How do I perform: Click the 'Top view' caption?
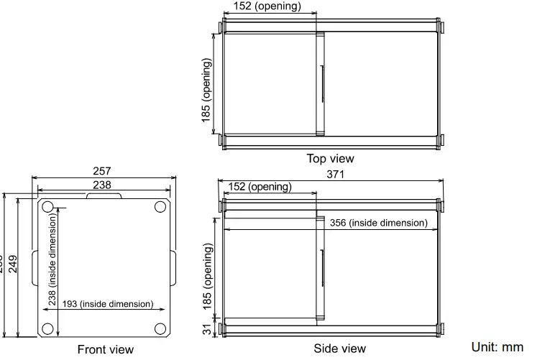click(330, 158)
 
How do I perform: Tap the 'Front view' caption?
click(106, 350)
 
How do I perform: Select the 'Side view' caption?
click(339, 349)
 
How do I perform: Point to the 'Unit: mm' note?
click(498, 347)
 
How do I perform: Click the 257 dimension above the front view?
click(103, 172)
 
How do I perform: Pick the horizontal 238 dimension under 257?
click(103, 185)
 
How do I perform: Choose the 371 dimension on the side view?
click(336, 175)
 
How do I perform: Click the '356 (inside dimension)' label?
click(378, 223)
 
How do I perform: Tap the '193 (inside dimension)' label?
click(108, 304)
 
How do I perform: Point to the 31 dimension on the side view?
click(207, 329)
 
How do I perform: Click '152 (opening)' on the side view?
click(260, 187)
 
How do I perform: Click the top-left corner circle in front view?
click(47, 207)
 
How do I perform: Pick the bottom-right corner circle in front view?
click(160, 329)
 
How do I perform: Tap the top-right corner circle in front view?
click(160, 207)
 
